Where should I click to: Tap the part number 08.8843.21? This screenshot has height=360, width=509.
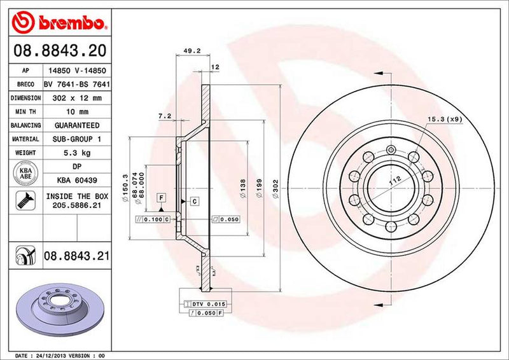(76, 256)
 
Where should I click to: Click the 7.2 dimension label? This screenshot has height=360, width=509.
(164, 116)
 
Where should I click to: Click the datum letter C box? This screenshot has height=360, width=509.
(193, 201)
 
